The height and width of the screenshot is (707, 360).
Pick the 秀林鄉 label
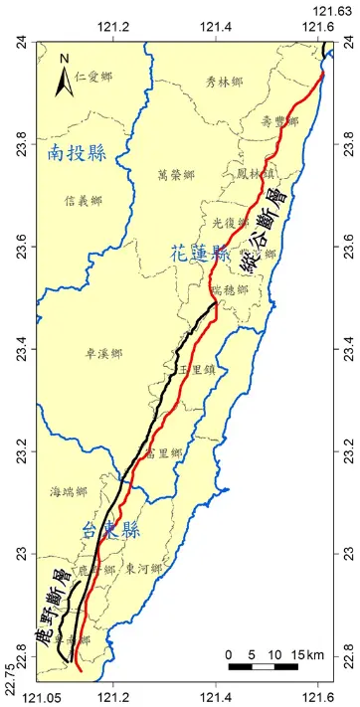224,83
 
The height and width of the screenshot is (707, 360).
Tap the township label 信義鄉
83,200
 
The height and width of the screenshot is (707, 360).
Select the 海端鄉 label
69,491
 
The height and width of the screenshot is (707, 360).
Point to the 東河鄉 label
143,568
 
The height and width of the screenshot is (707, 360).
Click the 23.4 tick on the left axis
22,350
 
